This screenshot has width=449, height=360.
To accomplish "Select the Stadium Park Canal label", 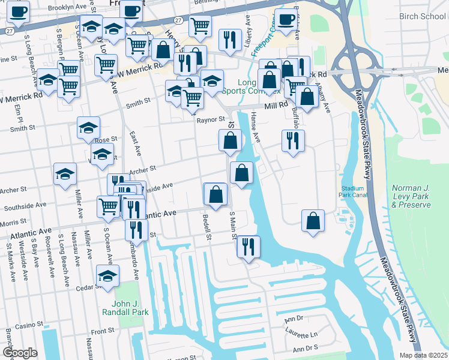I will [352, 191].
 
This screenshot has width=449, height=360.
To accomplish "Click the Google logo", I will [20, 353].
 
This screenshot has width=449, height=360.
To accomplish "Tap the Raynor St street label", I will [210, 120].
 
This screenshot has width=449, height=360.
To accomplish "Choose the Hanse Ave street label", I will [255, 128].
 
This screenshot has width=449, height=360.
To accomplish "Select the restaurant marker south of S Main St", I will [247, 245].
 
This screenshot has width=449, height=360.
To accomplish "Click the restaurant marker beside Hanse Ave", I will [293, 141].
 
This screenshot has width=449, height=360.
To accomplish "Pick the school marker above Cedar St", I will [108, 276].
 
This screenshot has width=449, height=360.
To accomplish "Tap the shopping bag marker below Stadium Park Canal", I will [313, 221].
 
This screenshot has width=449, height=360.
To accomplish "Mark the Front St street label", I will [103, 331].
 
